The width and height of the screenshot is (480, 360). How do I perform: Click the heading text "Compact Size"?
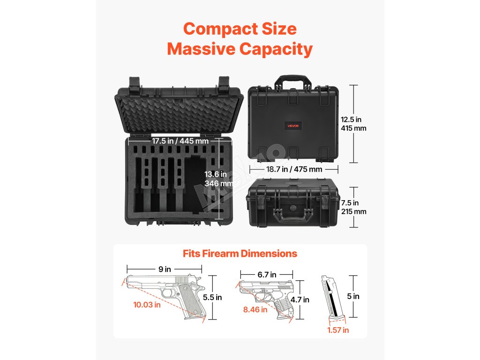(240, 29)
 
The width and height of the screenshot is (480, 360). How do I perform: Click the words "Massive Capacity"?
(240, 49)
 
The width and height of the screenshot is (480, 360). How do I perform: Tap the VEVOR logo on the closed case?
(293, 126)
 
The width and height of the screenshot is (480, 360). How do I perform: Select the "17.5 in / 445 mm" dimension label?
(180, 141)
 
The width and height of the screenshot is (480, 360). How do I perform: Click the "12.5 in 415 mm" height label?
(354, 124)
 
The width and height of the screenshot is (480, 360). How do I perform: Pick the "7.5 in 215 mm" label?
(354, 207)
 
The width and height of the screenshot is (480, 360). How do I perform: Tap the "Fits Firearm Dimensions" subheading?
(240, 254)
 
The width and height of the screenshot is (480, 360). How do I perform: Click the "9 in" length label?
(164, 270)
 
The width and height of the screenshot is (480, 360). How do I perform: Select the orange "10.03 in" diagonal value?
(147, 305)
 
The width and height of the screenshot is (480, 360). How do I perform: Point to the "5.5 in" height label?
(212, 297)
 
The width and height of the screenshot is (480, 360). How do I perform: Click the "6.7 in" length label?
(267, 275)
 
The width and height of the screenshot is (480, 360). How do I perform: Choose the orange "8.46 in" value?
(255, 309)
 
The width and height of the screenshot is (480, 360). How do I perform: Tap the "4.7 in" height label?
(300, 300)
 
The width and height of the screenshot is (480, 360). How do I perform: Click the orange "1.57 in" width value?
(338, 330)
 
